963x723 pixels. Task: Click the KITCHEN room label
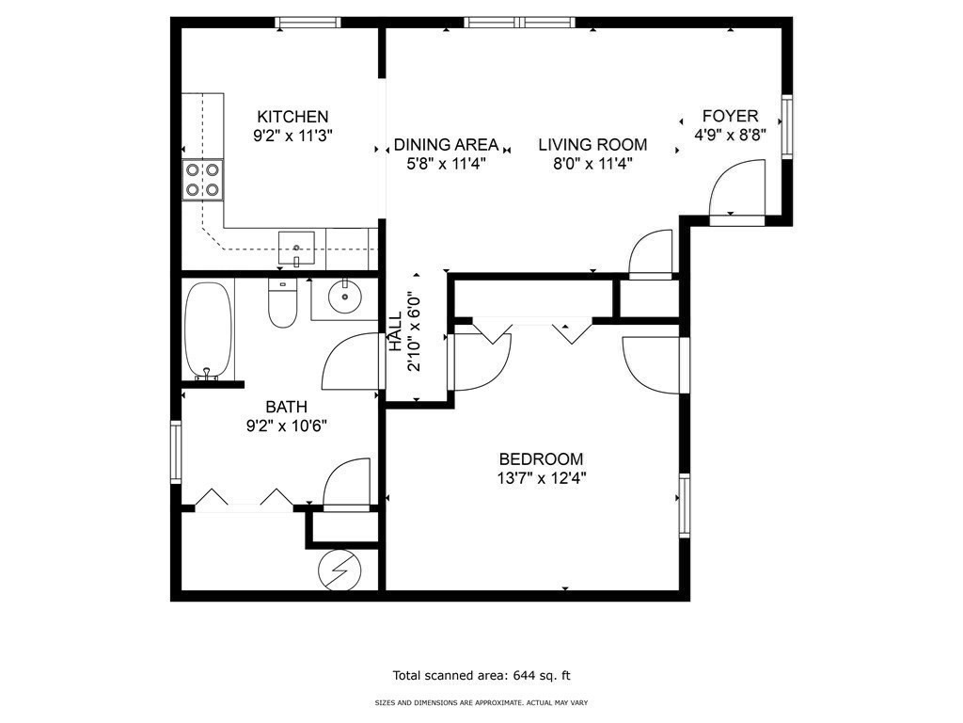click(x=292, y=117)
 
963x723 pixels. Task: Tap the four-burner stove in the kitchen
click(x=202, y=180)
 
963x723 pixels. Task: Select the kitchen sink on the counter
click(x=297, y=249)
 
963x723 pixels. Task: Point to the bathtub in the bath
click(x=206, y=329)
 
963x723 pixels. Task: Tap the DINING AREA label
click(x=446, y=145)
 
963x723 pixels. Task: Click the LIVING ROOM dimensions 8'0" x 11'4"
click(x=592, y=163)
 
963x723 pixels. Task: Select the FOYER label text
click(x=731, y=117)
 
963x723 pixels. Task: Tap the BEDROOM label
click(x=541, y=459)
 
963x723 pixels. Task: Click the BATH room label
click(x=286, y=408)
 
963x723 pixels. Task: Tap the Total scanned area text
click(x=481, y=675)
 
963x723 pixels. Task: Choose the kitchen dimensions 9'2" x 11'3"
click(x=292, y=136)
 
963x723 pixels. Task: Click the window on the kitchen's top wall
click(x=307, y=23)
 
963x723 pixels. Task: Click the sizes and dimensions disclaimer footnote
click(x=481, y=702)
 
